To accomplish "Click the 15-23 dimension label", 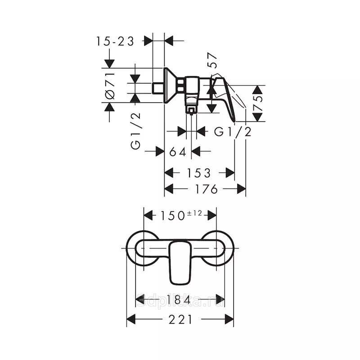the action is (x=115, y=41).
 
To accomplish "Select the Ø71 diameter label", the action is (x=110, y=85).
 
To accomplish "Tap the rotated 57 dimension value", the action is (x=212, y=60).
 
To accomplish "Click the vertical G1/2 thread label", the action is (x=135, y=131).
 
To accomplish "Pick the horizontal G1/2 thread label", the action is (x=233, y=132).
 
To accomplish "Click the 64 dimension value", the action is (x=178, y=152).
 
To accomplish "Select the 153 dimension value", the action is (x=199, y=173).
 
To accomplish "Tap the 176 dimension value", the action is (x=206, y=189).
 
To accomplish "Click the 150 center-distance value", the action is (x=172, y=216).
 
